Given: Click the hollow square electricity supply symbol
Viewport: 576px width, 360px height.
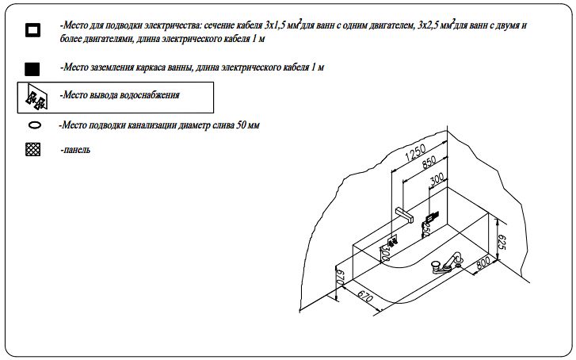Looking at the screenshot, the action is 32,30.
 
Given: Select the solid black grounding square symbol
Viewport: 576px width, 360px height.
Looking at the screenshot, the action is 32,69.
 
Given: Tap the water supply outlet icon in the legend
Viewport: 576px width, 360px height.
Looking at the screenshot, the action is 36,97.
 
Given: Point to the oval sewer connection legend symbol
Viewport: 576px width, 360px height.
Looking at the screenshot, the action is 35,125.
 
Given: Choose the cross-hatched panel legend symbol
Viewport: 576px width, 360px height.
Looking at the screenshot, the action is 33,149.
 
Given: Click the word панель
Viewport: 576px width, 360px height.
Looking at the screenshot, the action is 75,150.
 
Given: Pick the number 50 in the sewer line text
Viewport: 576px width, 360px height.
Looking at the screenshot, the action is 242,125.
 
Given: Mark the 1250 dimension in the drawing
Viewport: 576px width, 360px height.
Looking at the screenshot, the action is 416,153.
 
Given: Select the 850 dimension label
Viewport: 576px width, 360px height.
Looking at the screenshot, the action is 429,163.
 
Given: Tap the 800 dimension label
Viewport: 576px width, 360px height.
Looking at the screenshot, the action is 483,262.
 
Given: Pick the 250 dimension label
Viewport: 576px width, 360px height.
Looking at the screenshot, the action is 425,230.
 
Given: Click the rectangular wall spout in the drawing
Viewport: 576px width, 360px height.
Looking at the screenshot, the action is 404,215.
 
